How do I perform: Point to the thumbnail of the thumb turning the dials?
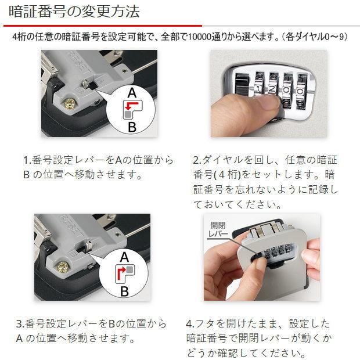point(250,107)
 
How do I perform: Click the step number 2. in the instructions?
point(197,159)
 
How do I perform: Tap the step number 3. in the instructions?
point(20,324)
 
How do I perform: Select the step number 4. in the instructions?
point(190,324)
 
